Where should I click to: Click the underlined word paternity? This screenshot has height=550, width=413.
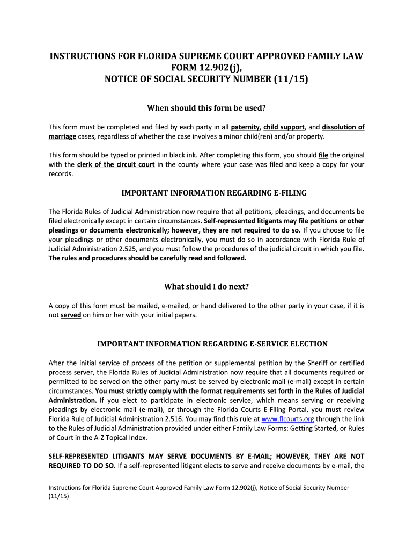(245, 127)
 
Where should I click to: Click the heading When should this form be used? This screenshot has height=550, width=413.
(206, 108)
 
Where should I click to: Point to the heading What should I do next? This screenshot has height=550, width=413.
(206, 286)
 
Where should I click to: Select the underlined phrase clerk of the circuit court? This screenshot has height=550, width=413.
(116, 164)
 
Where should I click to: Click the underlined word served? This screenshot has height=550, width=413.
(71, 315)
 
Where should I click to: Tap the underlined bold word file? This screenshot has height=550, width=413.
(323, 155)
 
